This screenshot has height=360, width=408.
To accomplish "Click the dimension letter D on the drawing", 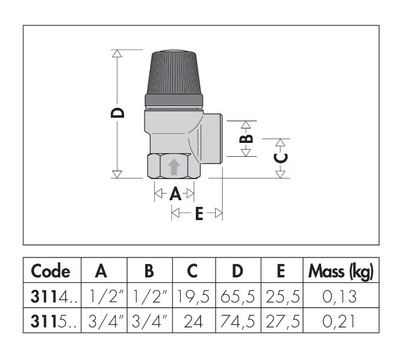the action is pyautogui.click(x=118, y=113).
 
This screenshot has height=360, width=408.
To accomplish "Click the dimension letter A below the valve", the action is pyautogui.click(x=175, y=194).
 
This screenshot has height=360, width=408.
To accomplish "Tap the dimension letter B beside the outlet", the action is pyautogui.click(x=246, y=139).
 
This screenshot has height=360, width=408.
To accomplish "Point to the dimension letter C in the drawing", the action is pyautogui.click(x=281, y=158).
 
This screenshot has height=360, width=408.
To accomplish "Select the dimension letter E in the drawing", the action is pyautogui.click(x=199, y=213).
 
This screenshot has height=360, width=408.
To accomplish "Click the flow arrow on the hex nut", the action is pyautogui.click(x=174, y=167).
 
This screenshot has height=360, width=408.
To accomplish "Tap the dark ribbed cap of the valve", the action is pyautogui.click(x=174, y=78).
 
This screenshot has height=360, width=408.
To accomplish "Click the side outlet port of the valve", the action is pyautogui.click(x=212, y=139).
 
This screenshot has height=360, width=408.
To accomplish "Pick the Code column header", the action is pyautogui.click(x=51, y=271).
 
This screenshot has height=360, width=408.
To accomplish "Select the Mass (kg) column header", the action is pyautogui.click(x=341, y=271).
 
